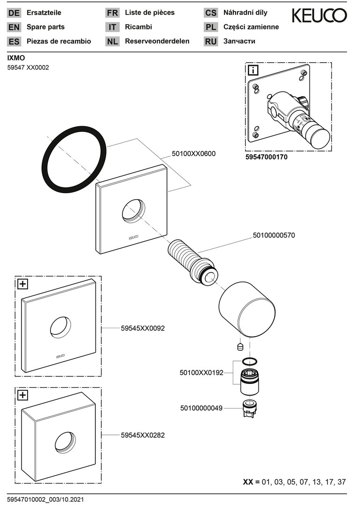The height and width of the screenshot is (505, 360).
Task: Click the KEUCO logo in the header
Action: (319, 15)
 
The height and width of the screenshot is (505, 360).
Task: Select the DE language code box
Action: (14, 13)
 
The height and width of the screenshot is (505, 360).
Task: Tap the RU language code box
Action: (210, 42)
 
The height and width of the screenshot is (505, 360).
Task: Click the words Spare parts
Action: (46, 27)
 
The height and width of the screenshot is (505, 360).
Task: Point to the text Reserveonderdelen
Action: (157, 41)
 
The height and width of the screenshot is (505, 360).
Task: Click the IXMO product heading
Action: (16, 58)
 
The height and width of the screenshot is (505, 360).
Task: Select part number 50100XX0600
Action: (194, 154)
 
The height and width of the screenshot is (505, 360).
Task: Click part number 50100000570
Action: (274, 235)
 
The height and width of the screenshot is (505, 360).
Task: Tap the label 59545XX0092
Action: (143, 328)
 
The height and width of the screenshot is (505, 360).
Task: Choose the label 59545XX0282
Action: (143, 435)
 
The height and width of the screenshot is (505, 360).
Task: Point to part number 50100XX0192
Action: (202, 373)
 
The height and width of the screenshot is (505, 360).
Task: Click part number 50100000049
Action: (201, 408)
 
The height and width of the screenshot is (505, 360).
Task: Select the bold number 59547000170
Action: (266, 157)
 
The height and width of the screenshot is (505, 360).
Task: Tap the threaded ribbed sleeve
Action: (192, 261)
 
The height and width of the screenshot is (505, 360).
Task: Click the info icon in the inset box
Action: (253, 70)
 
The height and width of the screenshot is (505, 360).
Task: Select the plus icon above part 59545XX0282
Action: (22, 395)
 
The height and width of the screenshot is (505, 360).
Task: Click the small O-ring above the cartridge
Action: (249, 361)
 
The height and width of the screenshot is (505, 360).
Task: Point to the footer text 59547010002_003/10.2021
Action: (45, 499)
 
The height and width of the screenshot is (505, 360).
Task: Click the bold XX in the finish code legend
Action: (248, 482)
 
